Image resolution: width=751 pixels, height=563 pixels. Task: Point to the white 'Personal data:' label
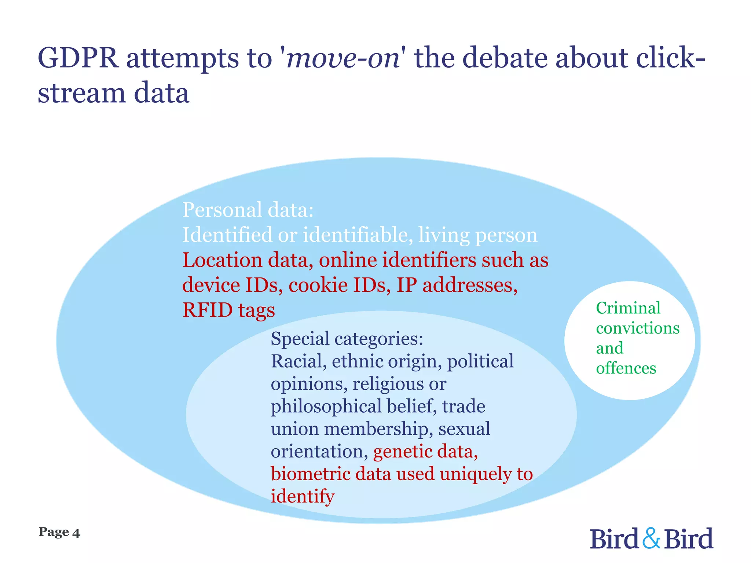(248, 210)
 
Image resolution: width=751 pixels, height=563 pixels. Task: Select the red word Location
(222, 260)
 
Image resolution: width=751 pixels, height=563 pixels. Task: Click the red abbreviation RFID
(207, 310)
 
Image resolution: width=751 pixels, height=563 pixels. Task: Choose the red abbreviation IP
(407, 285)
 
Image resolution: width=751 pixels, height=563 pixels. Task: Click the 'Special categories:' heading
(347, 338)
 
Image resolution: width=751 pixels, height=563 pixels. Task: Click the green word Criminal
(628, 308)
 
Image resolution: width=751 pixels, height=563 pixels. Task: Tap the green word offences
(626, 368)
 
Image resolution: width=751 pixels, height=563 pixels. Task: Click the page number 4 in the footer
(76, 533)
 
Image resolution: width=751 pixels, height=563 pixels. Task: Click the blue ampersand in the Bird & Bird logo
(652, 538)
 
